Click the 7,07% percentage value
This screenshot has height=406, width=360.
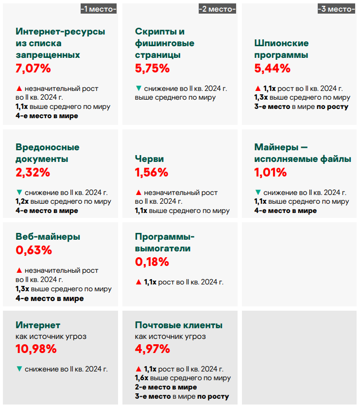(x=33, y=69)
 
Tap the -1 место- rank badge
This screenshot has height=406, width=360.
(x=99, y=9)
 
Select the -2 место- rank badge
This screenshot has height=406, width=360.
(x=217, y=9)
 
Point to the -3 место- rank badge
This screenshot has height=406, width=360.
(x=336, y=9)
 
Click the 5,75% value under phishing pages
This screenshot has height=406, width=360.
(x=152, y=69)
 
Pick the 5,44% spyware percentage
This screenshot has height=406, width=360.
(x=272, y=69)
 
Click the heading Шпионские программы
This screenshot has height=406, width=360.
(x=281, y=49)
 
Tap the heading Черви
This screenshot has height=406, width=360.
(x=149, y=159)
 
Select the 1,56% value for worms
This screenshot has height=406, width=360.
(x=152, y=172)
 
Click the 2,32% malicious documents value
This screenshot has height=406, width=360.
(x=33, y=172)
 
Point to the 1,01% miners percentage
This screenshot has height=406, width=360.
(x=271, y=172)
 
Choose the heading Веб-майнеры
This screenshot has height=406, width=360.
(x=48, y=237)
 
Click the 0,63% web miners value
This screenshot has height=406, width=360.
(x=34, y=250)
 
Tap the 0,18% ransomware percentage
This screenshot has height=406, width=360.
(x=152, y=262)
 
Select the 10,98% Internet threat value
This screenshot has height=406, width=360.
(x=36, y=349)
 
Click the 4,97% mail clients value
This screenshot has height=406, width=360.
(x=153, y=349)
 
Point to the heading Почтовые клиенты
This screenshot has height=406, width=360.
(x=178, y=325)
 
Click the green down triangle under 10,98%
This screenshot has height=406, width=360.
(x=19, y=369)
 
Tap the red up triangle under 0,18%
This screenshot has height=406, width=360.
(x=138, y=282)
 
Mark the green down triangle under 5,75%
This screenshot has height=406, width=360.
(x=138, y=88)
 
